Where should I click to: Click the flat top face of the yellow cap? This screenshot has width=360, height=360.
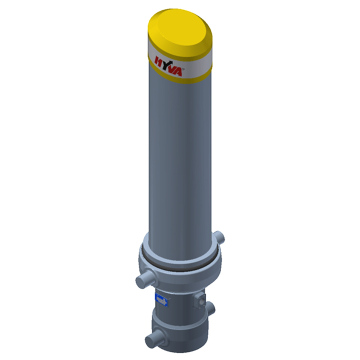[178, 32]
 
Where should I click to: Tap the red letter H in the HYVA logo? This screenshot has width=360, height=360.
[159, 61]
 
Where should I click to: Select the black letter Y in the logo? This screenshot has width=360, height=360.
[166, 64]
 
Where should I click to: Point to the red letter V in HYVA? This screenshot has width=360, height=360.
[173, 68]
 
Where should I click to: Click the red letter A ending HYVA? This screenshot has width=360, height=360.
[178, 71]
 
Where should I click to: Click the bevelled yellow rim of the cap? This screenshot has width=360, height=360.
[180, 47]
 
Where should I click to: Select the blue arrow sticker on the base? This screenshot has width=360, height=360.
[161, 301]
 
